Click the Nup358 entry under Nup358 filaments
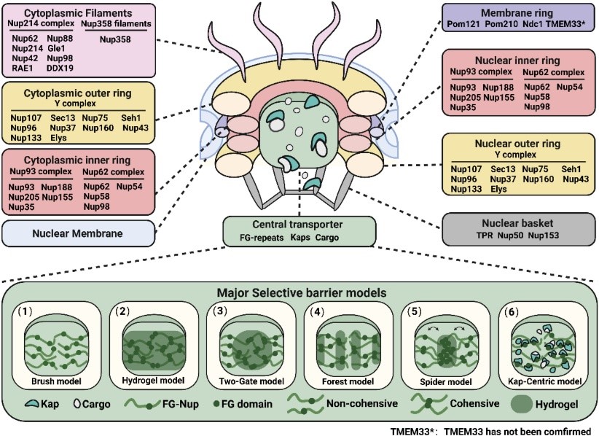114,40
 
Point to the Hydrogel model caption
154,381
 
